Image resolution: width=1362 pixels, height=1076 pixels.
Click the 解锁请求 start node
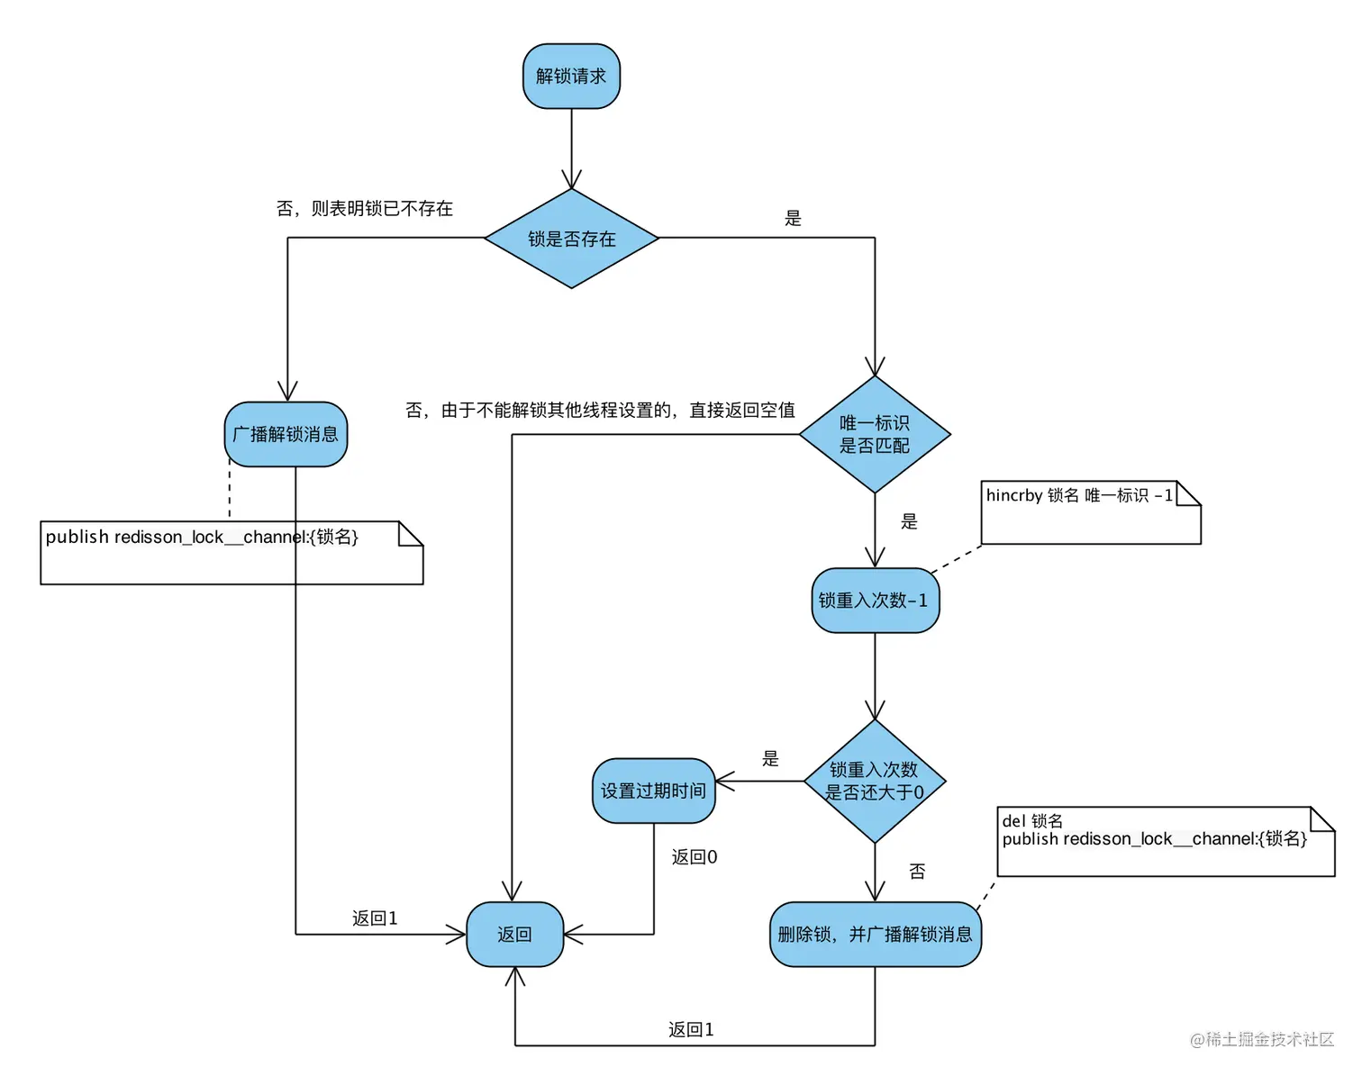pos(571,77)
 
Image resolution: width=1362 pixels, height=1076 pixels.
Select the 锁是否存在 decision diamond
pos(571,239)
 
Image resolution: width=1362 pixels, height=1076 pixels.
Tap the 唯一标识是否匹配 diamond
pos(874,434)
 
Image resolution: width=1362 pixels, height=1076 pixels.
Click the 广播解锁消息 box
pos(286,434)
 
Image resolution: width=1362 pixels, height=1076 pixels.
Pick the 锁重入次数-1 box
pos(874,601)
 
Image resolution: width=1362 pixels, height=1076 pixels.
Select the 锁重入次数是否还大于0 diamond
pos(874,781)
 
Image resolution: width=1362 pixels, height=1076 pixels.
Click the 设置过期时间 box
pos(653,791)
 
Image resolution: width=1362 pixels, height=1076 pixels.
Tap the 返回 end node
pos(514,935)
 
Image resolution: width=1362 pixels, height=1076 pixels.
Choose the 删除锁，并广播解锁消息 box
pos(875,935)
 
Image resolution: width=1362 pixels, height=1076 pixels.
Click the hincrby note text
pos(1078,496)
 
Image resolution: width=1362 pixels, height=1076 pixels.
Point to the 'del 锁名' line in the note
pos(1032,821)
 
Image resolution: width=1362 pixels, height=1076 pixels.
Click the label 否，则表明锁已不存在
pos(364,209)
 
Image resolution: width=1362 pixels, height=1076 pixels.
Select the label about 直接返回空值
pos(600,411)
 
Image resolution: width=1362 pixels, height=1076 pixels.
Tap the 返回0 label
pos(694,857)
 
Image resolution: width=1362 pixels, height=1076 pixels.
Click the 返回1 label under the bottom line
pos(691,1029)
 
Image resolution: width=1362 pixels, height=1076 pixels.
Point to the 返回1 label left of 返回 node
pos(374,918)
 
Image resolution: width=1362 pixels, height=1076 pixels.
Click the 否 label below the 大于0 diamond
pos(917,872)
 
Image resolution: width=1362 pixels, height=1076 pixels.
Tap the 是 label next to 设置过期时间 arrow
pos(770,759)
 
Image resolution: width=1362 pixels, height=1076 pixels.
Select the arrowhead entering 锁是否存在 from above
pos(571,179)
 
